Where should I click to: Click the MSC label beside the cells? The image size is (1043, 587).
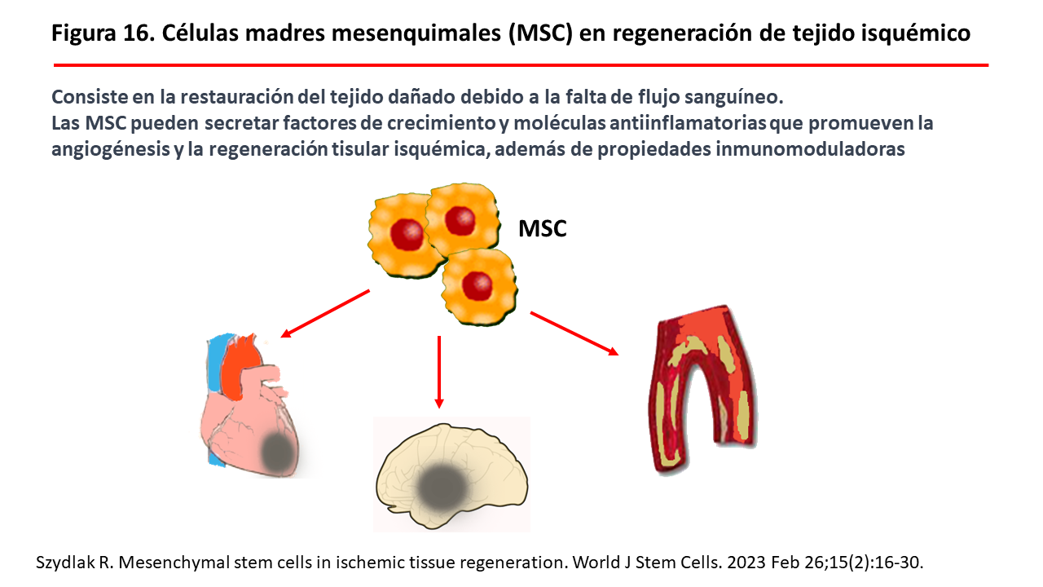pyautogui.click(x=542, y=229)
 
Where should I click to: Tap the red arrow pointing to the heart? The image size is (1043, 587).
pyautogui.click(x=325, y=312)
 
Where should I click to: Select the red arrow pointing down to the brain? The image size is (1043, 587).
pyautogui.click(x=439, y=371)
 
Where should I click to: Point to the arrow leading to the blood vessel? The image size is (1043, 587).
pyautogui.click(x=574, y=333)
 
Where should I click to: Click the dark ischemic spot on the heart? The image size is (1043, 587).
pyautogui.click(x=282, y=449)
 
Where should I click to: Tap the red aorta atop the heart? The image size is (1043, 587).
pyautogui.click(x=244, y=363)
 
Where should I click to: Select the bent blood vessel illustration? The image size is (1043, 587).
pyautogui.click(x=701, y=391)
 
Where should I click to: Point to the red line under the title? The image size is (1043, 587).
pyautogui.click(x=521, y=64)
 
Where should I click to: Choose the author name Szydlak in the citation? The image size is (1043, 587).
pyautogui.click(x=62, y=563)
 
